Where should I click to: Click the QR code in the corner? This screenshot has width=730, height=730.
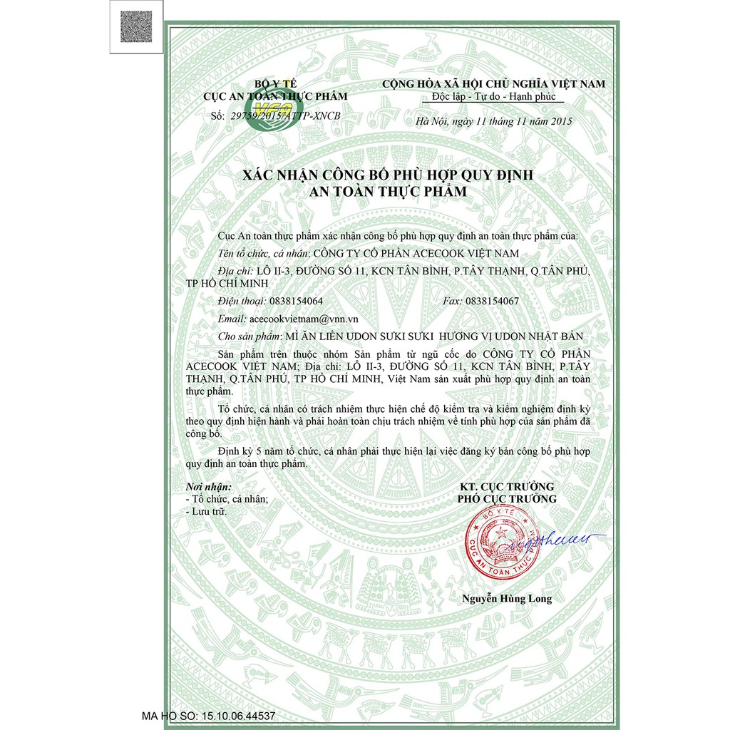point(135,27)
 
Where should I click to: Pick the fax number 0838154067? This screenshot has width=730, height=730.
point(492,301)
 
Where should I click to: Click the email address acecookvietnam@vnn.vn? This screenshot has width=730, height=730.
point(299,319)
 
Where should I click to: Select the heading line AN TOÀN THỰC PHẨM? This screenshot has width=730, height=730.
point(385,191)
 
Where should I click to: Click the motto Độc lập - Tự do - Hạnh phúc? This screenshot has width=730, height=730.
point(493,97)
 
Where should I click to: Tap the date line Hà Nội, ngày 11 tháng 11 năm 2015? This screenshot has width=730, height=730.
point(493,121)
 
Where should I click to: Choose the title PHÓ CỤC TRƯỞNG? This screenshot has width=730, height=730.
point(507,498)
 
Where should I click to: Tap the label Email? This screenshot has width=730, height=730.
point(233,319)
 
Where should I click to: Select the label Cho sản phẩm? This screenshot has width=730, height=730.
point(250,336)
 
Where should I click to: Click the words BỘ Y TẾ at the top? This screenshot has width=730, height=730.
point(275,84)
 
